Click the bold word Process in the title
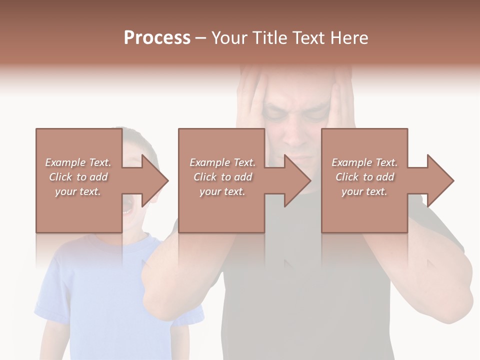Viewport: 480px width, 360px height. [157, 38]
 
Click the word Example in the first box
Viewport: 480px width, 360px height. [65, 162]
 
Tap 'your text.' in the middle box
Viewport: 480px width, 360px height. [222, 191]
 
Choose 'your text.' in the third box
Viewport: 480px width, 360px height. [364, 191]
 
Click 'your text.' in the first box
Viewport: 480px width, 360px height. [77, 191]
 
